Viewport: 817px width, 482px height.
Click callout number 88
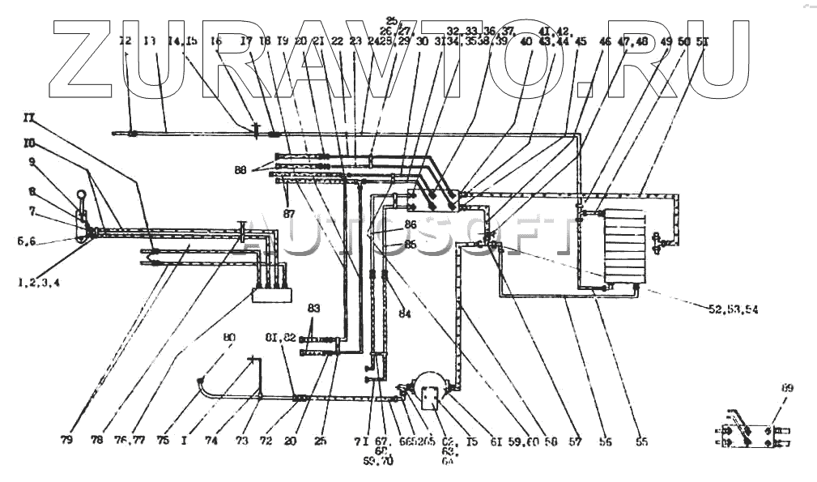(x=239, y=169)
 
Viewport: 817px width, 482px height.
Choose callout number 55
(x=641, y=442)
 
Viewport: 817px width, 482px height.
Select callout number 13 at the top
(x=149, y=40)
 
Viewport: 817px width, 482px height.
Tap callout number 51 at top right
(x=702, y=40)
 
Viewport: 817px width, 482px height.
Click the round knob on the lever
(x=82, y=194)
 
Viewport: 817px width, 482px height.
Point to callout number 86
(x=411, y=224)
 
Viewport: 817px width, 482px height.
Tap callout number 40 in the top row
(x=526, y=41)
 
